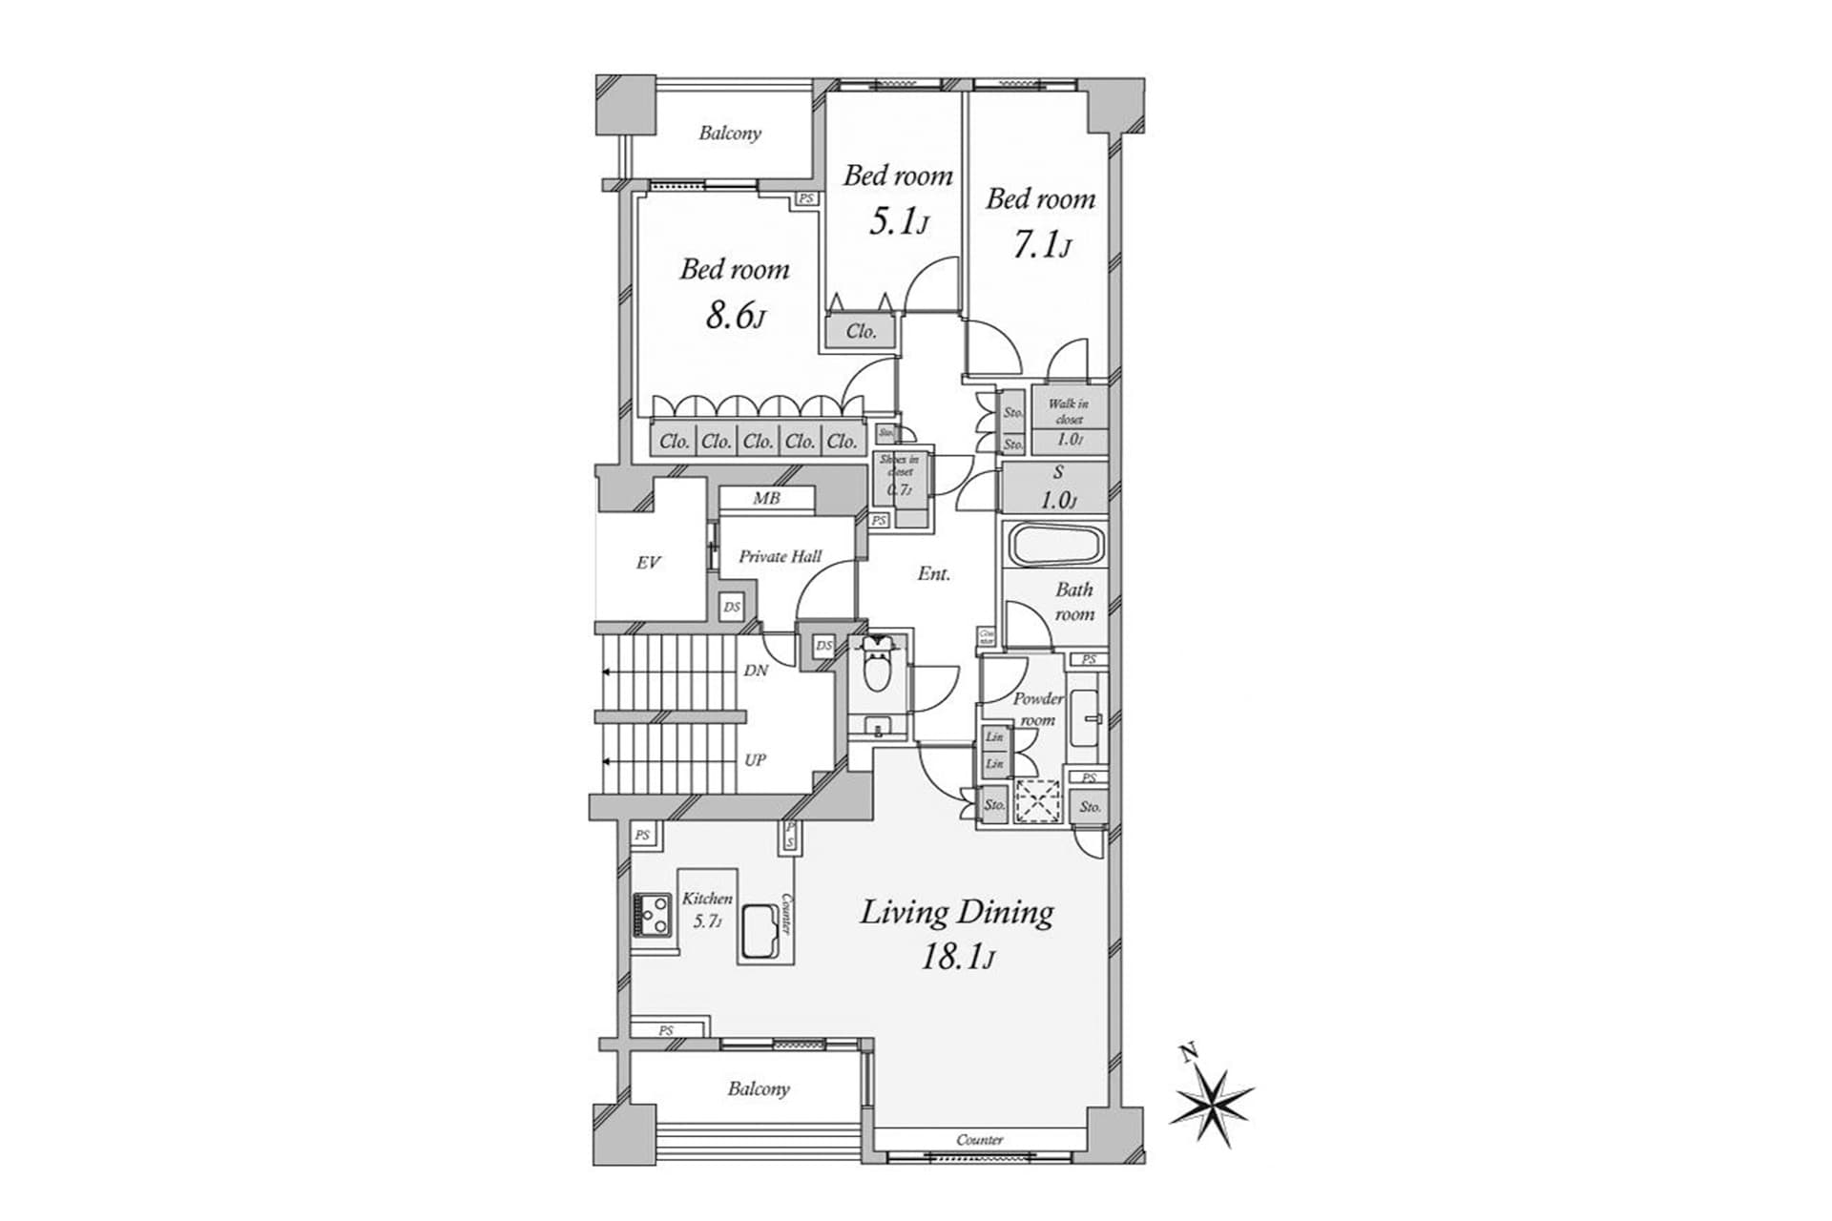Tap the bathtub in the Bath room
(1056, 546)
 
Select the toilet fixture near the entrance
(874, 670)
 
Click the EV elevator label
(648, 563)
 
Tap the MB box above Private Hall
(766, 498)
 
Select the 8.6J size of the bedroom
(734, 315)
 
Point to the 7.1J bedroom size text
(1040, 246)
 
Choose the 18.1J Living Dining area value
(956, 956)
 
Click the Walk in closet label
(1068, 411)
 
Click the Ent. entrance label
(933, 573)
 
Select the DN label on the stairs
(756, 671)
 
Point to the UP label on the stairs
(755, 760)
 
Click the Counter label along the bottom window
(979, 1140)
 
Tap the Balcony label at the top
(730, 134)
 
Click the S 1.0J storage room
(1056, 487)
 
